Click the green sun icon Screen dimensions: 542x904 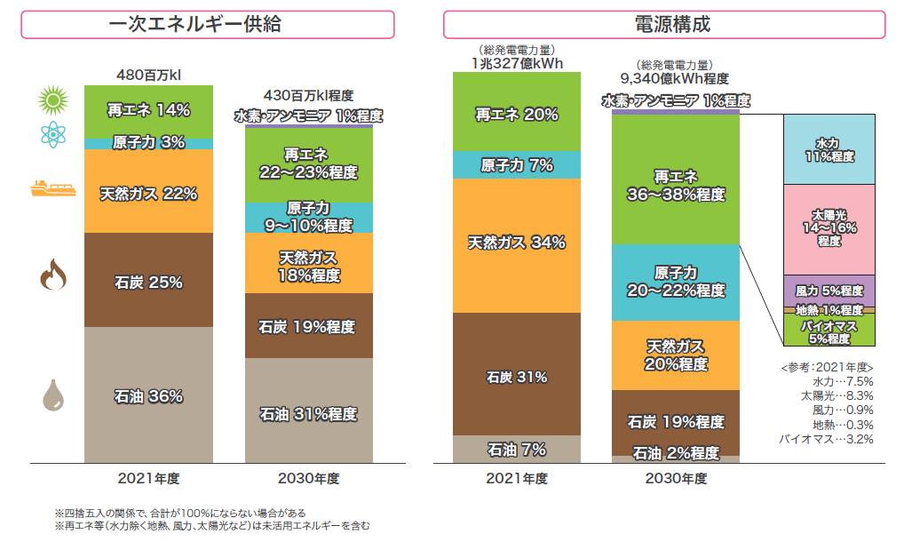coord(52,100)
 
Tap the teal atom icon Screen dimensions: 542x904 coord(52,135)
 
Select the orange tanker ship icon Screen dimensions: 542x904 coord(52,187)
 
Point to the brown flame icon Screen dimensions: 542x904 coord(52,277)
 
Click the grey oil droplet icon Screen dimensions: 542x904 coord(52,395)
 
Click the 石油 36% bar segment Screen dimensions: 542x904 coord(148,395)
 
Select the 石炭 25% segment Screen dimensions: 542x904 coord(148,282)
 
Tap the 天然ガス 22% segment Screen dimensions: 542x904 coord(148,192)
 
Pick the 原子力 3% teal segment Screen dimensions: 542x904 coord(148,143)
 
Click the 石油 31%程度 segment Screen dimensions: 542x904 coord(308,412)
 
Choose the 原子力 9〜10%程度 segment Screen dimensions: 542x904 coord(308,217)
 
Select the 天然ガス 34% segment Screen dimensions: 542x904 coord(516,243)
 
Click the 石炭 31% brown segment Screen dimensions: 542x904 coord(516,376)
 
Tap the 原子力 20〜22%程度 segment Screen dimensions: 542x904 coord(676,282)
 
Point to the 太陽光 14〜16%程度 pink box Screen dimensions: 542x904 coord(829,228)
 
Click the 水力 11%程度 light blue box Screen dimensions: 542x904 coord(829,149)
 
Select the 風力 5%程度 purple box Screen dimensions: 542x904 coord(829,291)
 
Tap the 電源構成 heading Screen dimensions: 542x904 coord(664,24)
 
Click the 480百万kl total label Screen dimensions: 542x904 coord(148,73)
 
